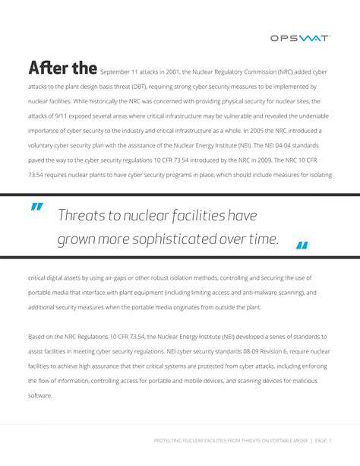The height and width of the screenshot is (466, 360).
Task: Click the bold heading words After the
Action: pyautogui.click(x=62, y=69)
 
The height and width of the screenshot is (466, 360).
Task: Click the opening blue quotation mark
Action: pyautogui.click(x=37, y=209)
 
